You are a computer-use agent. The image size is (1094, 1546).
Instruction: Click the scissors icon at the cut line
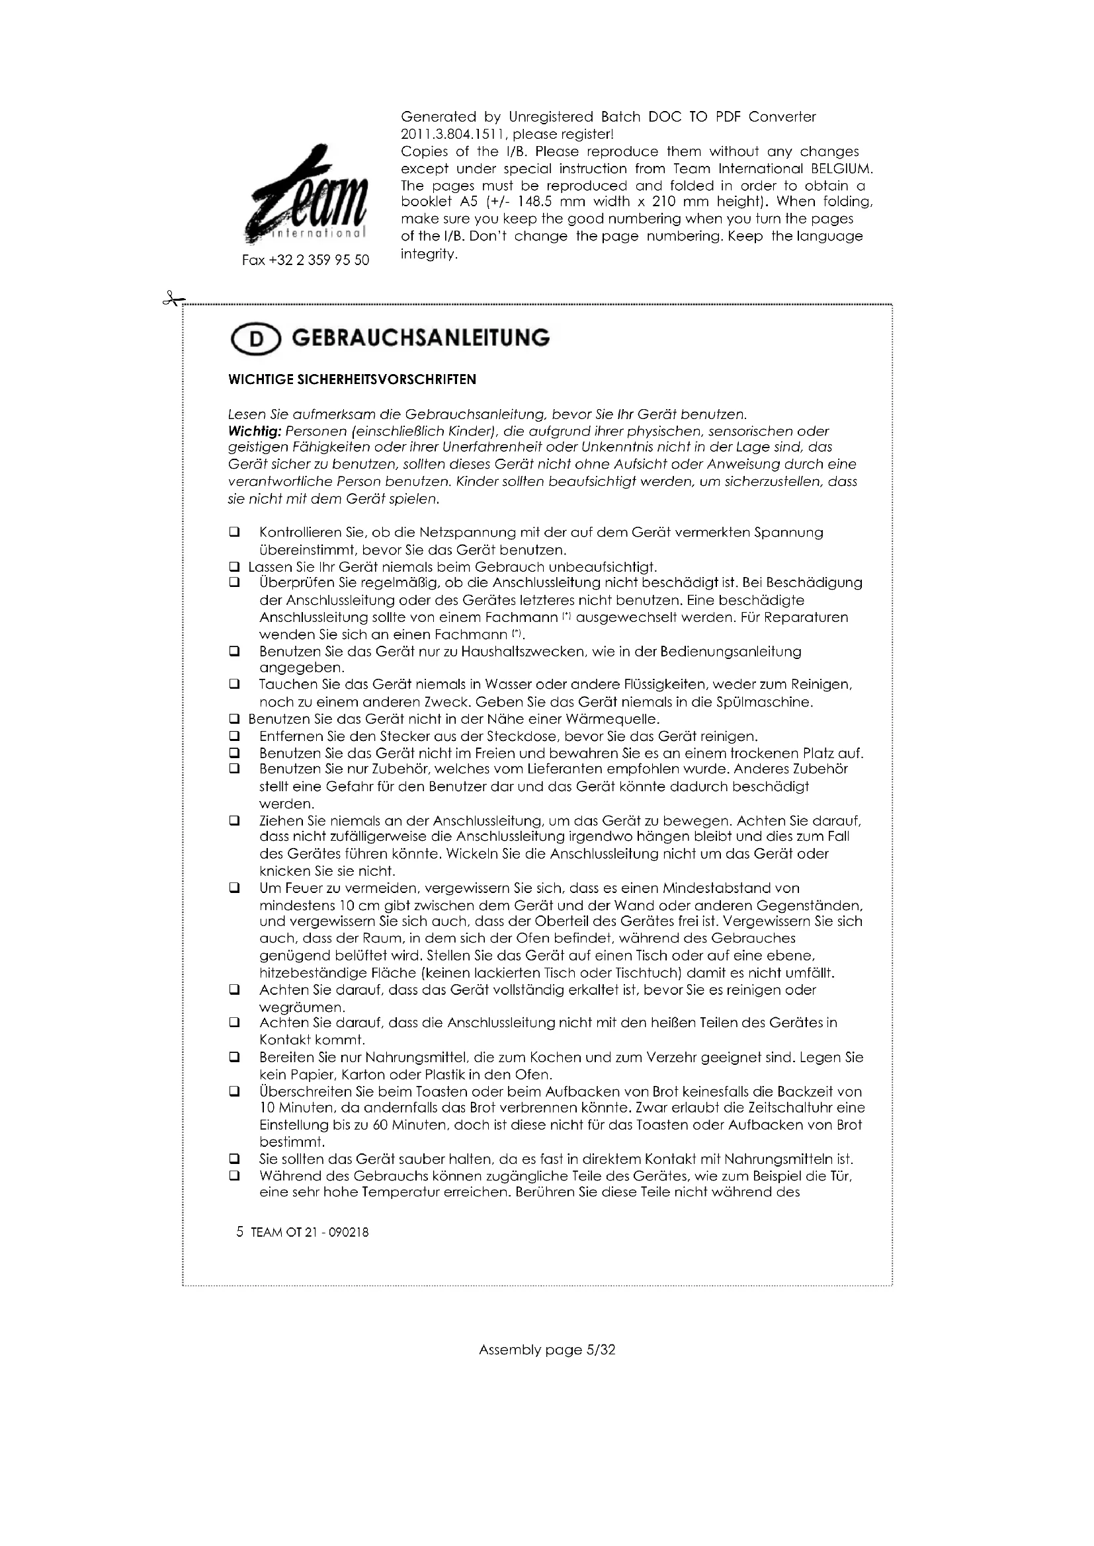172,298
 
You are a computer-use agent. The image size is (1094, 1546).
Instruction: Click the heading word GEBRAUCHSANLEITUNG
421,337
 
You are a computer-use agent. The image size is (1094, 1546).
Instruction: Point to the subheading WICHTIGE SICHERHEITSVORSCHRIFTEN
352,380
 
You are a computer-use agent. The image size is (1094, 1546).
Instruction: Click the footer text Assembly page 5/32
546,1350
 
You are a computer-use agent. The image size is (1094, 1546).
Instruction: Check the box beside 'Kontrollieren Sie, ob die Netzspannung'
234,533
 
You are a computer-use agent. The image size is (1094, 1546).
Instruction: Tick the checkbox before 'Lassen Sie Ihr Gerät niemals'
234,567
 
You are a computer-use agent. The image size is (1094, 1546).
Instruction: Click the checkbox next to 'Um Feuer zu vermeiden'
234,888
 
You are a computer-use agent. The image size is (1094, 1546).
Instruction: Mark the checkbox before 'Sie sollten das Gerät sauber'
234,1159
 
